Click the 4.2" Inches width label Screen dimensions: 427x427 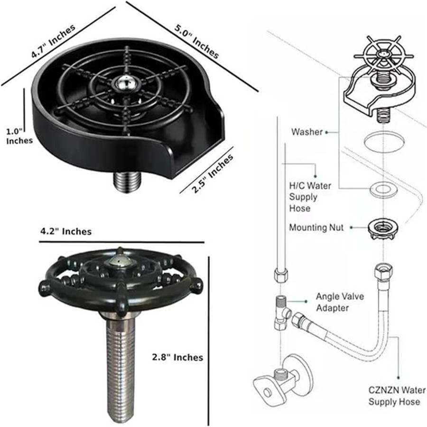(65, 232)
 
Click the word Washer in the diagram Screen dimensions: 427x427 (306, 132)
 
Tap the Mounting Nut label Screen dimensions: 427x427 (316, 228)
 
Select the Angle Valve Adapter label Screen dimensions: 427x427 (340, 302)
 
